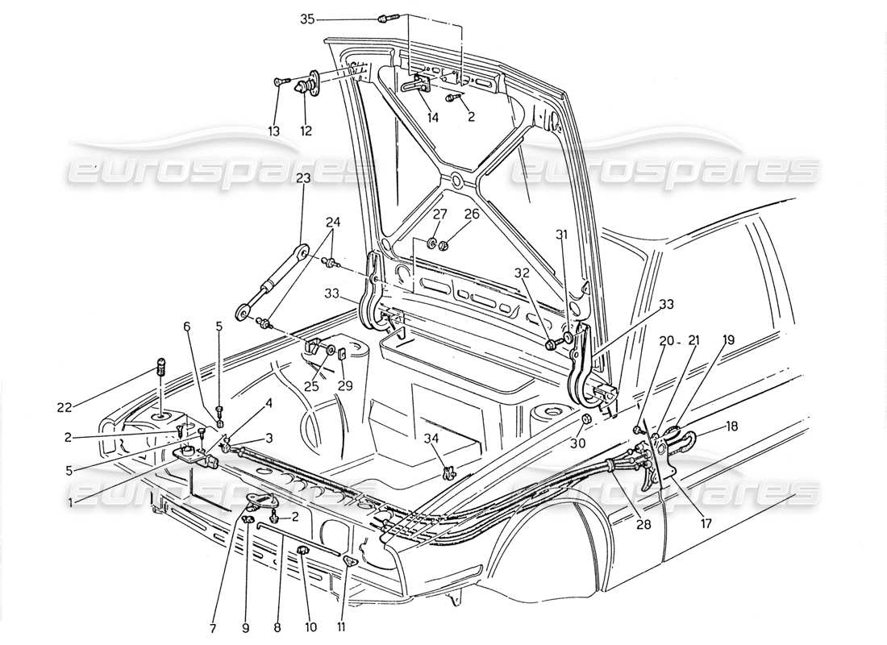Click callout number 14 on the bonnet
point(433,117)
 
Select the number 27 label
point(439,214)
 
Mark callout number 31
point(562,235)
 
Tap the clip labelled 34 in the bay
point(449,471)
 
